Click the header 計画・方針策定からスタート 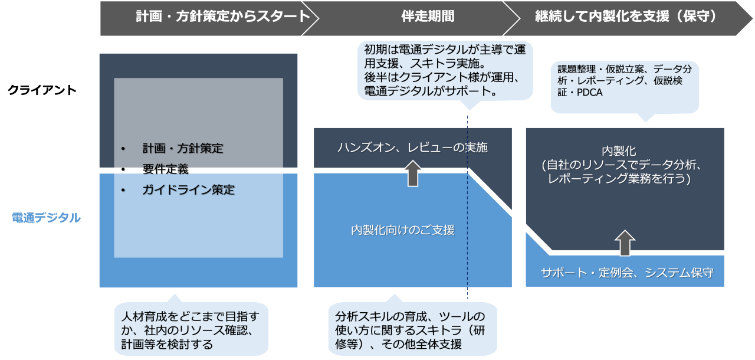[x=222, y=17]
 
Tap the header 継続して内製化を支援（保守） [x=626, y=17]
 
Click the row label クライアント [x=42, y=90]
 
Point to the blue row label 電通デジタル [x=46, y=218]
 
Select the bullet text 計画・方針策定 [x=183, y=149]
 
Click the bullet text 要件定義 [x=165, y=169]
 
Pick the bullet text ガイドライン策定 [x=188, y=190]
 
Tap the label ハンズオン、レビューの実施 [x=412, y=148]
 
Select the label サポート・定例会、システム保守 [x=627, y=273]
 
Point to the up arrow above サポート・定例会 [x=626, y=243]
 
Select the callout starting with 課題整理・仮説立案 [x=624, y=81]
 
